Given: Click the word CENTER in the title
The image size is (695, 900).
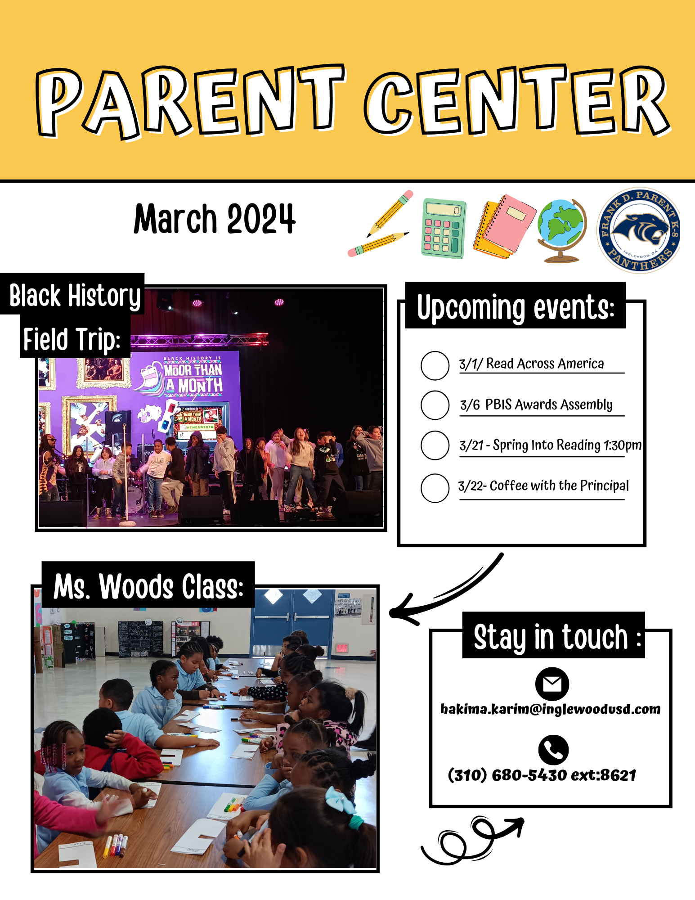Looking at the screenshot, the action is pyautogui.click(x=517, y=100).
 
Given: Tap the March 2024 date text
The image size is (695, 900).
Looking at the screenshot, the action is pyautogui.click(x=215, y=219).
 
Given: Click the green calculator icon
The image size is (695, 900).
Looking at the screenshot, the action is pyautogui.click(x=444, y=228).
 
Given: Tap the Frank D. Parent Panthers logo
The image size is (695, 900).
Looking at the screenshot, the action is pyautogui.click(x=638, y=230).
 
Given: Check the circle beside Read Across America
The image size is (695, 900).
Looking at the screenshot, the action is pyautogui.click(x=435, y=365).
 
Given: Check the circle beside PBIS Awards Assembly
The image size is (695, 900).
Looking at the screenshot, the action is pyautogui.click(x=435, y=405).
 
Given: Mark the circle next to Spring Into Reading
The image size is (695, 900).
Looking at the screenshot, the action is pyautogui.click(x=435, y=445).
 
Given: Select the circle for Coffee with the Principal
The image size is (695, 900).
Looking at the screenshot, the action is pyautogui.click(x=435, y=488).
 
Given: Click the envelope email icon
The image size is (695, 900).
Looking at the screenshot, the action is pyautogui.click(x=552, y=684).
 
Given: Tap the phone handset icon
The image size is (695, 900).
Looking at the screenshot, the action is pyautogui.click(x=553, y=750).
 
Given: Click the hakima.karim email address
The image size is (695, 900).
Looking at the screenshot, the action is pyautogui.click(x=551, y=710).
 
